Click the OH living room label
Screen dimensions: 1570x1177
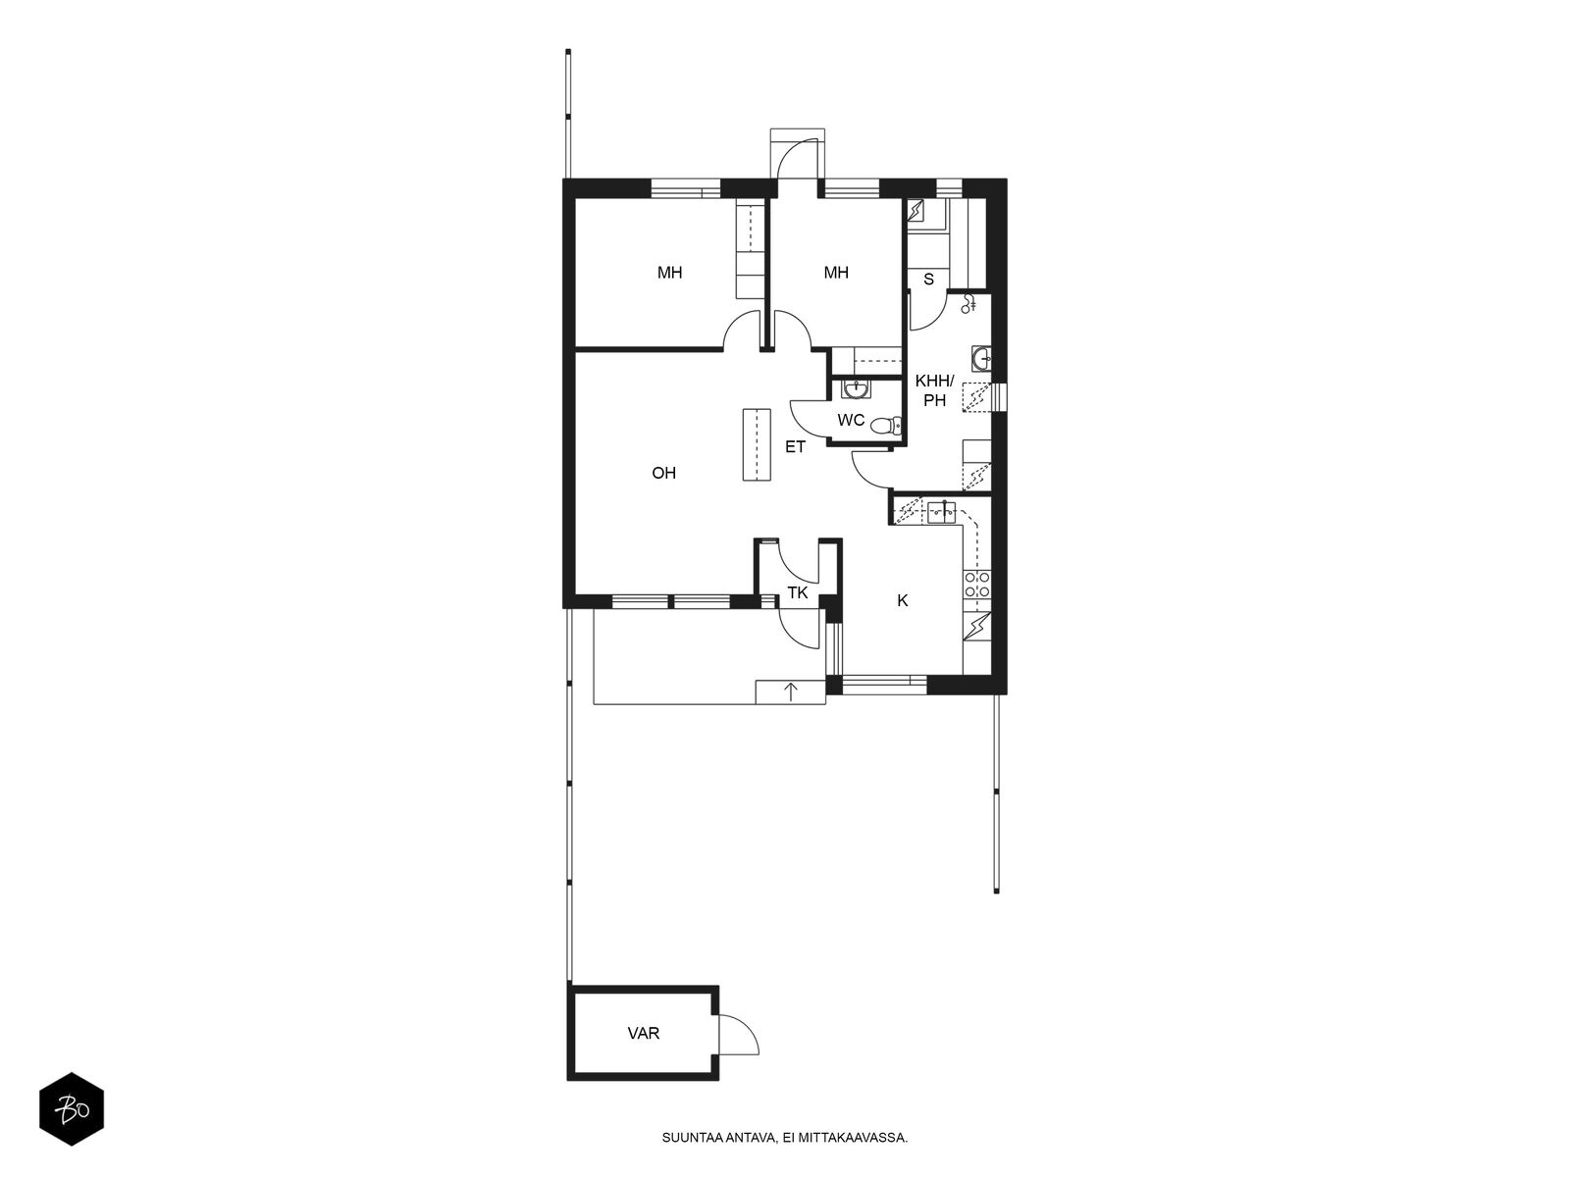coord(663,473)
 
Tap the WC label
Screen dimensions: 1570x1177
coord(851,420)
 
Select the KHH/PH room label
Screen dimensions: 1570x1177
coord(934,391)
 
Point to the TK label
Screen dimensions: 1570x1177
coord(797,592)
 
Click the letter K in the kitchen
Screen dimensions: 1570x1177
coord(902,601)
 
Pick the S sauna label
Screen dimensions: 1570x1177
coord(928,280)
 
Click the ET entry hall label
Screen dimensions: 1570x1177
coord(795,447)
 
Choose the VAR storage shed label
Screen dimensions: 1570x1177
coord(643,1034)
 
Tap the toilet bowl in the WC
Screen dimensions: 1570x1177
coord(885,426)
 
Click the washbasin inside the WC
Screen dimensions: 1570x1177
coord(855,389)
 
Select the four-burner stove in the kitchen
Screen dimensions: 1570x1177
coord(976,584)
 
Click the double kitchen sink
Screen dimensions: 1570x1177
coord(941,512)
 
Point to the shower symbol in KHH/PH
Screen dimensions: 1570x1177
coord(968,304)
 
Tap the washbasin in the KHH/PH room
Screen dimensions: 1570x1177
coord(981,358)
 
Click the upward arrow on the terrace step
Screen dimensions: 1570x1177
coord(790,691)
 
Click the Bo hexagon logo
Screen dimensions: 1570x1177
coord(72,1109)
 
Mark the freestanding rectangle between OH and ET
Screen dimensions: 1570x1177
coord(756,444)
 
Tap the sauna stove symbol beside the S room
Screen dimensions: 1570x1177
coord(916,210)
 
